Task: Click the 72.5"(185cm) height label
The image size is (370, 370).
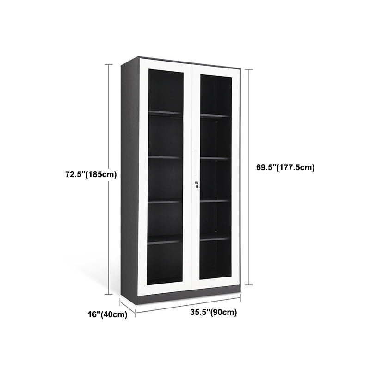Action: [x=91, y=174]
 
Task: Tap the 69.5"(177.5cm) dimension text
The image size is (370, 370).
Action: [x=285, y=167]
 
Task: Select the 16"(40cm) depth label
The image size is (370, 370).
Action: [x=107, y=315]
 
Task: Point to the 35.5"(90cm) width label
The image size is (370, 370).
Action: [x=213, y=312]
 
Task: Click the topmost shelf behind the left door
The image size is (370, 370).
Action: [x=165, y=113]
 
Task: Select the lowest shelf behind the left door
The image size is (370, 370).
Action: [x=165, y=240]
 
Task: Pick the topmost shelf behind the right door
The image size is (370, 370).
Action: [x=215, y=115]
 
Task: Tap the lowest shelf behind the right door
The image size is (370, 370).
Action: [x=215, y=239]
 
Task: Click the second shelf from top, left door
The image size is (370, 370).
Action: [x=165, y=158]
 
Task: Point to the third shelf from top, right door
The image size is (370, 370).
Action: [x=215, y=200]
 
